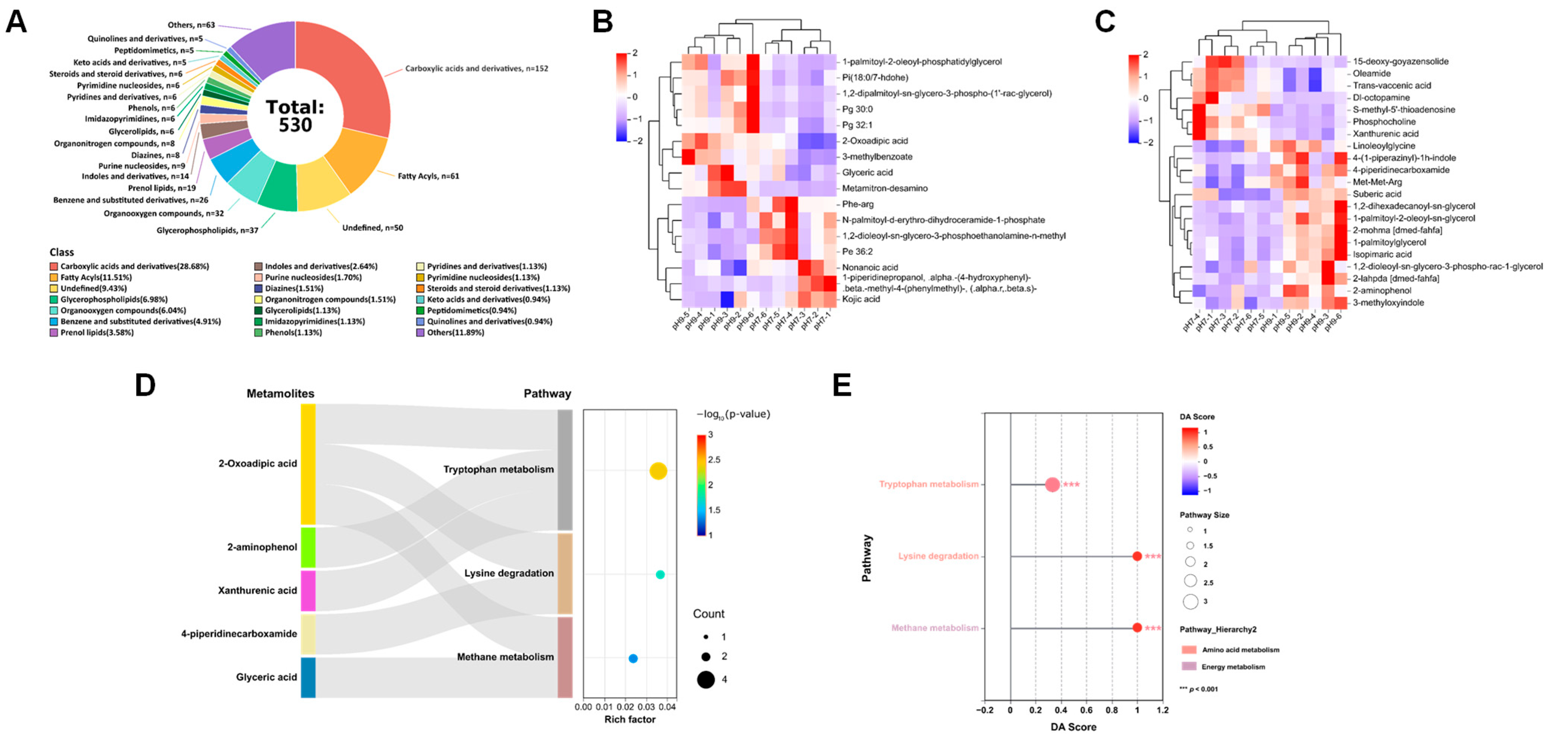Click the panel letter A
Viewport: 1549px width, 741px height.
point(16,22)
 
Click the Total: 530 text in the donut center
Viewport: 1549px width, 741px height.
point(295,116)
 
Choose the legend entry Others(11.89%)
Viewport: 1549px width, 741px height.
point(455,333)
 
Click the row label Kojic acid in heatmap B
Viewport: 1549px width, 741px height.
point(861,299)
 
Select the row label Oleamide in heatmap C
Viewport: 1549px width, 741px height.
point(1371,73)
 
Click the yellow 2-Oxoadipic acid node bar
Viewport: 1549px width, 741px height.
point(308,464)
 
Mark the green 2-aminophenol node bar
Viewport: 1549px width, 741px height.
point(308,547)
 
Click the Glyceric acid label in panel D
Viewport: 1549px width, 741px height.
point(266,677)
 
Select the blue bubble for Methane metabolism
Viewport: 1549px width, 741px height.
point(633,659)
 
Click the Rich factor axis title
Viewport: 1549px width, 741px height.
point(630,719)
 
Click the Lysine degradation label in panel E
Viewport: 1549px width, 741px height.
point(938,556)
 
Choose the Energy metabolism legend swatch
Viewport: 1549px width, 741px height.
point(1189,667)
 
